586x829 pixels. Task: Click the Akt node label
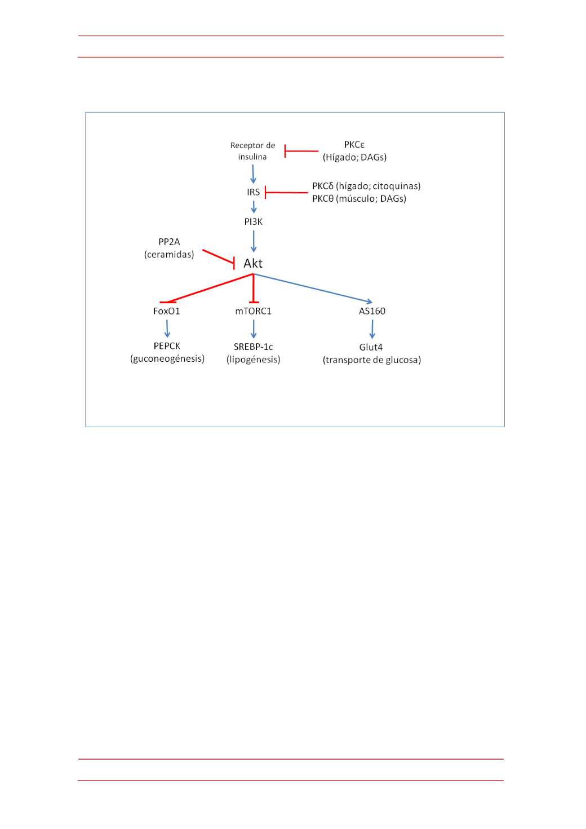[x=253, y=263]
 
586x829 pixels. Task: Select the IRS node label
[x=254, y=192]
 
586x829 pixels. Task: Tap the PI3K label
[x=254, y=221]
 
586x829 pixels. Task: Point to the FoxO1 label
[x=166, y=311]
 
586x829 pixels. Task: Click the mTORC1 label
[x=254, y=311]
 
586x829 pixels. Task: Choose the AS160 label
[x=372, y=311]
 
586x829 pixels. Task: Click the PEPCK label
[x=167, y=346]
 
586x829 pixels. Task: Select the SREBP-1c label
[x=254, y=347]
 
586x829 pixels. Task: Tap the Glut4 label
[x=371, y=347]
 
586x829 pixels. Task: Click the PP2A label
[x=169, y=242]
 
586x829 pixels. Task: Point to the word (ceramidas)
[x=169, y=255]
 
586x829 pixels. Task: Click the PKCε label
[x=354, y=145]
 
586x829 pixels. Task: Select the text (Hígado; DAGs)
[x=355, y=157]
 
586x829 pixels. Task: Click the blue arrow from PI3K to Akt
[x=254, y=241]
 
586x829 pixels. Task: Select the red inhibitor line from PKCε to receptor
[x=301, y=151]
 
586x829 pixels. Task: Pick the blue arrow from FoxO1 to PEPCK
[x=167, y=329]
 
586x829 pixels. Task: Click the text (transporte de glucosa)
[x=372, y=360]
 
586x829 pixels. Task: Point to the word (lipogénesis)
[x=254, y=360]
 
